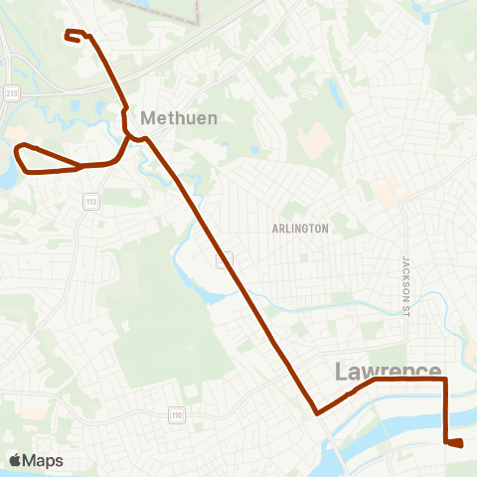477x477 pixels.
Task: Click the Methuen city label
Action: (x=178, y=117)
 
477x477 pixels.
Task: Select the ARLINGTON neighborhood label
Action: (x=299, y=229)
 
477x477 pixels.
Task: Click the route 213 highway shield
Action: (x=10, y=93)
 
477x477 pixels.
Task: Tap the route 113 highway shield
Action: (x=88, y=201)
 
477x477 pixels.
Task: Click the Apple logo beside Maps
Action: (x=15, y=460)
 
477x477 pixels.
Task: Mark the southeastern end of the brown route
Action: (x=461, y=444)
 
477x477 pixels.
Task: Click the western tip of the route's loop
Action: (x=16, y=151)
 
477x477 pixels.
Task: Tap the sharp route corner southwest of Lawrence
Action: (x=316, y=412)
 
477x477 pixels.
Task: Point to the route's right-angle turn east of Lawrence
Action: (x=445, y=379)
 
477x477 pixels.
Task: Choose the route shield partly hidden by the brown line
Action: (x=226, y=258)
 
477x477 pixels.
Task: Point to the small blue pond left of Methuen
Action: (x=99, y=108)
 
